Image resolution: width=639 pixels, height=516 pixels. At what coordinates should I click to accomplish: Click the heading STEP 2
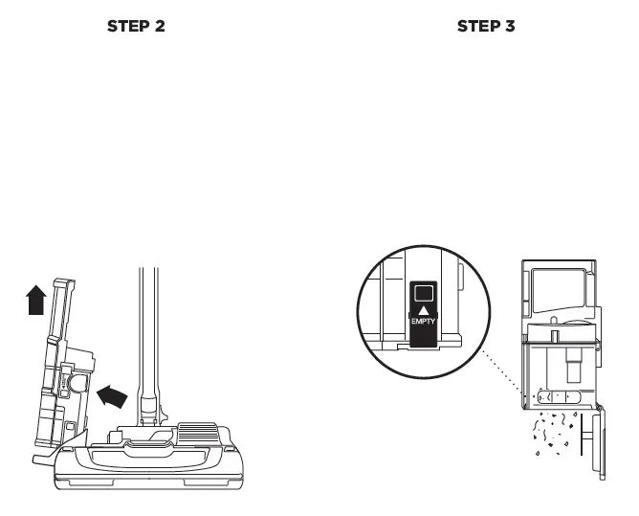(x=135, y=26)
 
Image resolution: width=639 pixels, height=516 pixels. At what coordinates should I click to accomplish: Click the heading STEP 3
(x=486, y=26)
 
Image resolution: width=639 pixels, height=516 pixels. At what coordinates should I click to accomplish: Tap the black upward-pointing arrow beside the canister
(x=34, y=302)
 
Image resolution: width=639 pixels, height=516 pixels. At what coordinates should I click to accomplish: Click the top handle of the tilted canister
(x=63, y=284)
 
